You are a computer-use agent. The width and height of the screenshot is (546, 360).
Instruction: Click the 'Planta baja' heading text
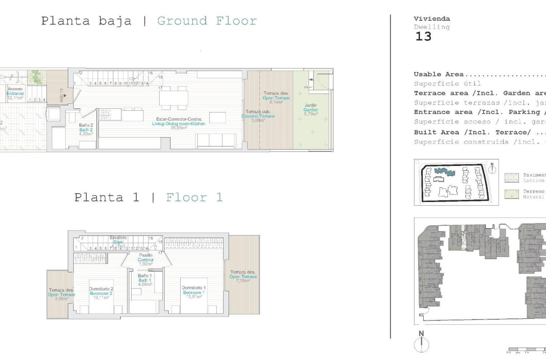click(x=86, y=21)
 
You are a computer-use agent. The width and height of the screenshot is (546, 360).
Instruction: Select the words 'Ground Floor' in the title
click(x=207, y=21)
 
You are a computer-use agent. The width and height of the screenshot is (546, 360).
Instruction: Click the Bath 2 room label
click(x=86, y=130)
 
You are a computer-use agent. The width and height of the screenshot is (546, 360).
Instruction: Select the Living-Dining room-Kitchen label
click(x=178, y=124)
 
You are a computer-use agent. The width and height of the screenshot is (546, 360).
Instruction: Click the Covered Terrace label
click(x=258, y=116)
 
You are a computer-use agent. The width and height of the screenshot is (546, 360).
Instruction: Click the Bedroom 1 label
click(x=193, y=292)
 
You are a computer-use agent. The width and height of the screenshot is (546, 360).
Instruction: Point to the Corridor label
click(x=146, y=260)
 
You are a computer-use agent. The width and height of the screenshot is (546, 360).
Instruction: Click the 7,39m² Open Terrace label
click(x=243, y=277)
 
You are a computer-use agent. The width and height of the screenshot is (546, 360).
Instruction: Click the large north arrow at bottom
click(x=421, y=342)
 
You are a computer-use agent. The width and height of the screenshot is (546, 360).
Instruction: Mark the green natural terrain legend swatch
click(x=511, y=194)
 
